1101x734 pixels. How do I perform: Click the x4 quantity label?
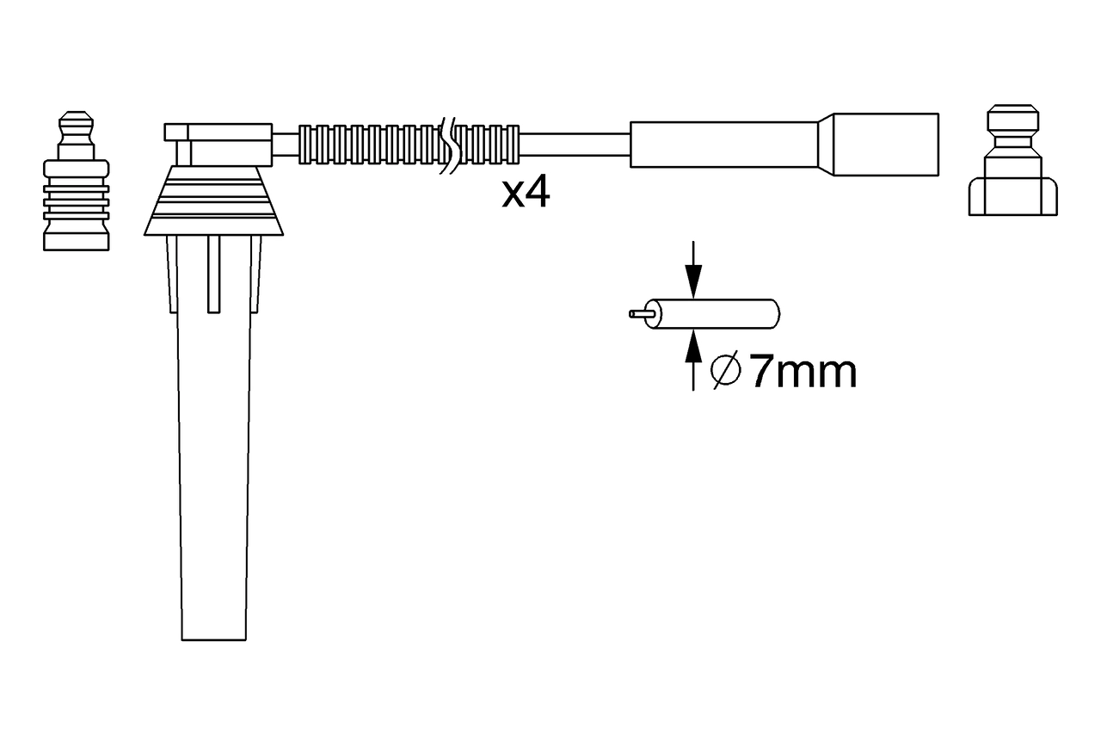click(526, 194)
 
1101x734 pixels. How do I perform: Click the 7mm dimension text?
click(803, 373)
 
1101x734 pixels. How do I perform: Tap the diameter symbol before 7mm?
click(726, 372)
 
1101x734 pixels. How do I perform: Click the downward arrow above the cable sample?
click(693, 271)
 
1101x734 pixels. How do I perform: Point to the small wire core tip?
click(637, 314)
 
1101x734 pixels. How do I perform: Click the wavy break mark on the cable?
click(448, 145)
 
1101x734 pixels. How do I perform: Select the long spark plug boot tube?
click(214, 473)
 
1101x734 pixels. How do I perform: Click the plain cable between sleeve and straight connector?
click(575, 145)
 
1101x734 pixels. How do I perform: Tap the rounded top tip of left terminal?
click(77, 118)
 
